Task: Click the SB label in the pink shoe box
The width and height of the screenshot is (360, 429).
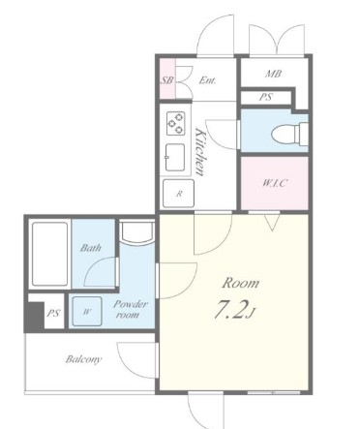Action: coord(166,79)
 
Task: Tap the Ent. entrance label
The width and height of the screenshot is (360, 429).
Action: coord(207,80)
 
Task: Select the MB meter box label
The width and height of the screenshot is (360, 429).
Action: coord(273,74)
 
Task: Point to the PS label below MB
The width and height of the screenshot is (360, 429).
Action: coord(266,97)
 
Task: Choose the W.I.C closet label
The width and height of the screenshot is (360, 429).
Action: coord(274,183)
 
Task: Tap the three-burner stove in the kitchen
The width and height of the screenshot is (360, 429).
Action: coord(176,123)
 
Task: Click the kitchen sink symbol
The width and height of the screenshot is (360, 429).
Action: coord(175,157)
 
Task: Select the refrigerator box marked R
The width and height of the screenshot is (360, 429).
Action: coord(179,194)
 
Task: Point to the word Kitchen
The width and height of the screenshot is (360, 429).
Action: coord(200,152)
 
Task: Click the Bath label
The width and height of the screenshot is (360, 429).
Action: coord(91,248)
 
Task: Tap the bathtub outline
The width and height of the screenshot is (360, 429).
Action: coord(49,255)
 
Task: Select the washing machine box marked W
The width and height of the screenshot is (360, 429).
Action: coord(87,311)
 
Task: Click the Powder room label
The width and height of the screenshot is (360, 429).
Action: coord(131,309)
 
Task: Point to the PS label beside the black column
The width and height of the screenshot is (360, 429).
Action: coord(53,313)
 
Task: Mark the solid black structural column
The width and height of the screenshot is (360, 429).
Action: coord(35,317)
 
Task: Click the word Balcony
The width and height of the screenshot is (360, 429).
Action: coord(83,359)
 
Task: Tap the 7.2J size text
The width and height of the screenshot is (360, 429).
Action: coord(234,310)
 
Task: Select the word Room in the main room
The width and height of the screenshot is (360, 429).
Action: coord(241,283)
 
